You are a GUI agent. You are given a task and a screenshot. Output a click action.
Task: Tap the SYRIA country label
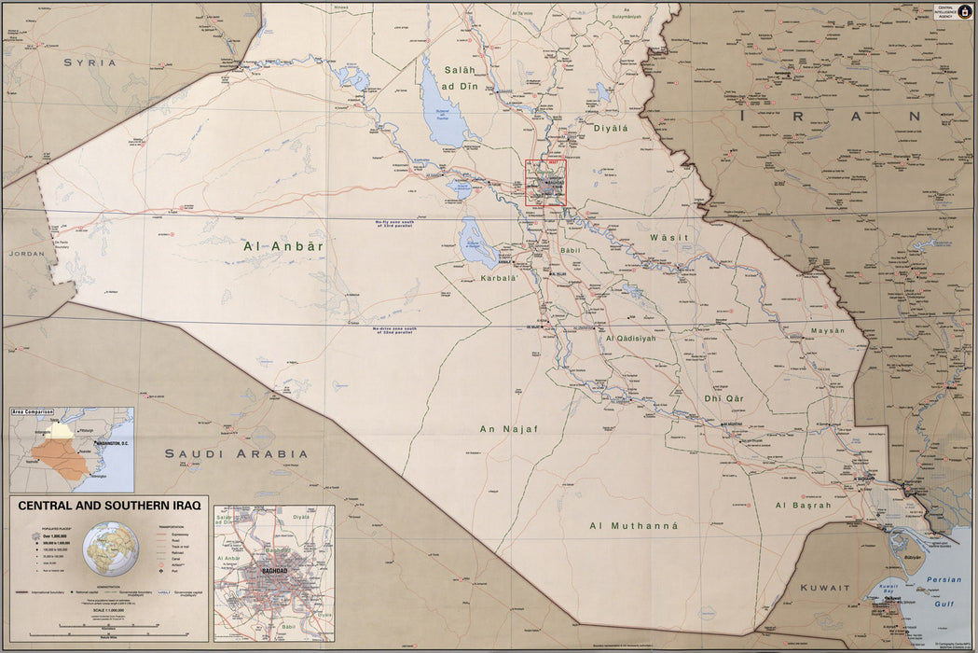pos(90,63)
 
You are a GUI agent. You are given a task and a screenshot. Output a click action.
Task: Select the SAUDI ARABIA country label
pos(236,454)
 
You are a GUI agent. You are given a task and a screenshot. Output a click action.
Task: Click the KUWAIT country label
pos(825,588)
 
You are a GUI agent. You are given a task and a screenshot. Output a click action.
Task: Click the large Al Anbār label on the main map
pos(282,246)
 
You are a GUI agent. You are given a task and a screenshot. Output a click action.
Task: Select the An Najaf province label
pos(508,429)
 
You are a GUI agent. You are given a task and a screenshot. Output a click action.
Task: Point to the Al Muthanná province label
pos(632,526)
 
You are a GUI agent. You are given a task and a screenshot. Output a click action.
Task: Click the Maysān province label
pos(826,330)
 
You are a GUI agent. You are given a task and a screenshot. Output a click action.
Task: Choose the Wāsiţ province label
pos(668,238)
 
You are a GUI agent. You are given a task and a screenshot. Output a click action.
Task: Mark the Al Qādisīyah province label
pos(644,339)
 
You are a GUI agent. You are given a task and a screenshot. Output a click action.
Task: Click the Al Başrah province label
pos(803,506)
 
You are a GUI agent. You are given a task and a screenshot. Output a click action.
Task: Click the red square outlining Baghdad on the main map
pos(545,183)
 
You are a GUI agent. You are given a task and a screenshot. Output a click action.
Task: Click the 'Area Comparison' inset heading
pos(33,410)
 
